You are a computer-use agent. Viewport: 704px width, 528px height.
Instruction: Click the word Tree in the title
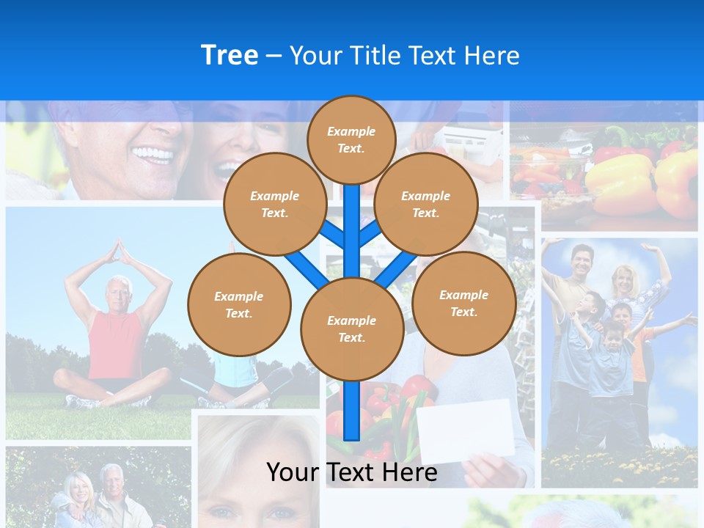(230, 56)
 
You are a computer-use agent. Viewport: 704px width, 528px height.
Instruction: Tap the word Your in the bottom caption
(292, 472)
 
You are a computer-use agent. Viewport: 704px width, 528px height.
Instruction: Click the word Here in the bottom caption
(409, 472)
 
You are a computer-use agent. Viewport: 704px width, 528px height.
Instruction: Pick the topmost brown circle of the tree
(351, 139)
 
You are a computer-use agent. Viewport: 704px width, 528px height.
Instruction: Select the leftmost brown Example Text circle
(239, 305)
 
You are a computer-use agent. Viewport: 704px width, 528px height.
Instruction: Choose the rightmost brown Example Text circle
(463, 304)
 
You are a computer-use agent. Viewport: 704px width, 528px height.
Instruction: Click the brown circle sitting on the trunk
(352, 329)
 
